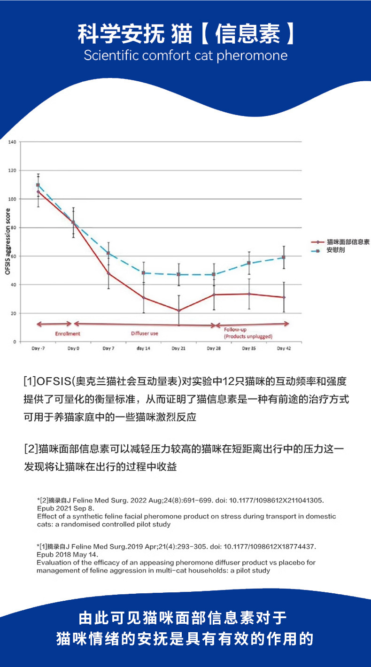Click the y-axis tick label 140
tap(12, 142)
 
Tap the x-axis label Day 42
tap(283, 348)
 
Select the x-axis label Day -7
tap(38, 348)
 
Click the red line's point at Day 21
tap(178, 310)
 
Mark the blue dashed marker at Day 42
tap(284, 257)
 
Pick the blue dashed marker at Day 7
tap(108, 253)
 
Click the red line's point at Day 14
tap(144, 297)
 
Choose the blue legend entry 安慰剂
tap(336, 251)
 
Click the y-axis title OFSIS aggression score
tap(7, 242)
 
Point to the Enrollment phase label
tap(68, 333)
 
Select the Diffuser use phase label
tap(144, 333)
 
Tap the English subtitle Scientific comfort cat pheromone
tap(185, 55)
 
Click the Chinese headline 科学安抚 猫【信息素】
tap(185, 34)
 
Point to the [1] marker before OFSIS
tap(30, 380)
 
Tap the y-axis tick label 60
tap(13, 256)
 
